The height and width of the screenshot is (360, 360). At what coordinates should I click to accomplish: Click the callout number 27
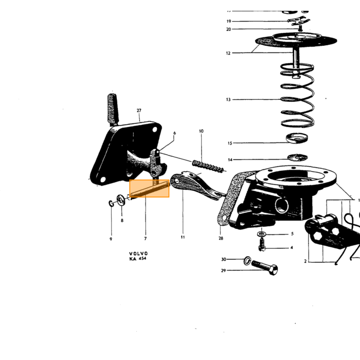pos(139,111)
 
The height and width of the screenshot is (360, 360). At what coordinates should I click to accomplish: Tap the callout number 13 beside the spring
pos(228,99)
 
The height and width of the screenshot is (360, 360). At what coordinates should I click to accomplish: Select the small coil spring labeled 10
pos(208,166)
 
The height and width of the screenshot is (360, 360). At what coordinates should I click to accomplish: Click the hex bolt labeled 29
pos(265,267)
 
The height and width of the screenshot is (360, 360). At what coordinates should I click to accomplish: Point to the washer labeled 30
pos(247,260)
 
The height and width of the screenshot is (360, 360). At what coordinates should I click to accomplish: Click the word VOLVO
pos(138,254)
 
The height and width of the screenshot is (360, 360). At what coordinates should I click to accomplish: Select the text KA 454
pos(138,259)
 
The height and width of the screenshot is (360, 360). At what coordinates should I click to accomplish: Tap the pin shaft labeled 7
pos(150,189)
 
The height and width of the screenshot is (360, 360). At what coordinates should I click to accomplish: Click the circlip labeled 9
pos(111,204)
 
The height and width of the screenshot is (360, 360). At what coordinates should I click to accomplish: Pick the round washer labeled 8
pos(120,200)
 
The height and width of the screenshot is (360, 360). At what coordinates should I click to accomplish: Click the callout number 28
pos(221,238)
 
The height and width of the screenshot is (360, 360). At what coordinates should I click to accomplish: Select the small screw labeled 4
pos(262,245)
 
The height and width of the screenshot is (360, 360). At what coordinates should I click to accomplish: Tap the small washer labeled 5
pos(261,234)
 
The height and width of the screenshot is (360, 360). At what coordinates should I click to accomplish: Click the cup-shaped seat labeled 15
pos(297,138)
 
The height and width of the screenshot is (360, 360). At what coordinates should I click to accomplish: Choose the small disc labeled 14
pos(298,157)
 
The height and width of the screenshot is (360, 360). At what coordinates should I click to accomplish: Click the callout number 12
pos(228,53)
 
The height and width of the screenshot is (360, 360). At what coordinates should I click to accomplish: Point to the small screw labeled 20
pos(300,28)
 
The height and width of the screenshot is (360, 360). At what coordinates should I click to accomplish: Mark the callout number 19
pos(229,22)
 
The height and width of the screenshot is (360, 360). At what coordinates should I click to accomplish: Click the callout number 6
pos(174,133)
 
